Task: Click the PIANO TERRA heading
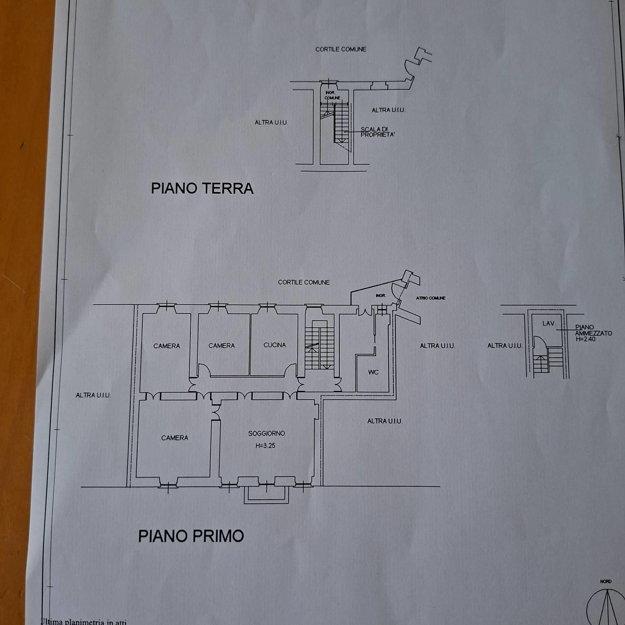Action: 202,188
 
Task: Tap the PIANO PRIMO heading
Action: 191,536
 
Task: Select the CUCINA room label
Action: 275,345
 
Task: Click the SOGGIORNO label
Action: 267,433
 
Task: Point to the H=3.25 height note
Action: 265,446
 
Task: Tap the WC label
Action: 373,372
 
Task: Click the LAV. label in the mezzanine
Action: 549,323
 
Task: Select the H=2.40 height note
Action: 586,339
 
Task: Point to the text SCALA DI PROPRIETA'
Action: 377,132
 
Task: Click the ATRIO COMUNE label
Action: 431,298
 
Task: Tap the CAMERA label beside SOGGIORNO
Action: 175,438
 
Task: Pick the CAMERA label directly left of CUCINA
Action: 221,345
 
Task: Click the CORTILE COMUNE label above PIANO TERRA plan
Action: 341,49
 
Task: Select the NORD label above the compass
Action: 605,581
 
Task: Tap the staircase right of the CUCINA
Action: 319,345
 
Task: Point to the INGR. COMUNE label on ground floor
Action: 332,95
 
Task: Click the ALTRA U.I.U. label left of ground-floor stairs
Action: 271,122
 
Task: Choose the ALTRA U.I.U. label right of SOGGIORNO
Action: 385,421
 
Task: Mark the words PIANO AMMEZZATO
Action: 593,330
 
